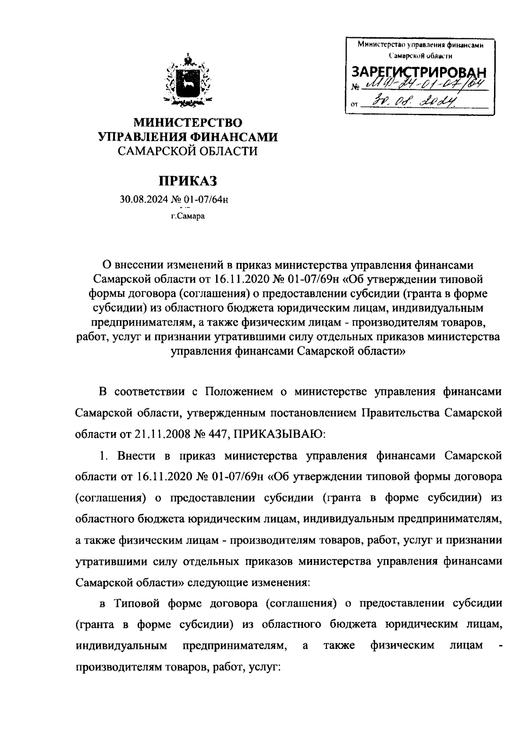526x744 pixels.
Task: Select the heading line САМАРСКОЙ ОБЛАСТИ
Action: pyautogui.click(x=188, y=152)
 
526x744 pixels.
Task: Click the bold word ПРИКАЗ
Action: pyautogui.click(x=188, y=181)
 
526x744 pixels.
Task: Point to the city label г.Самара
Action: pyautogui.click(x=188, y=216)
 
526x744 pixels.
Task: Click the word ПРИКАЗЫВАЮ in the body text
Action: pyautogui.click(x=277, y=434)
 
